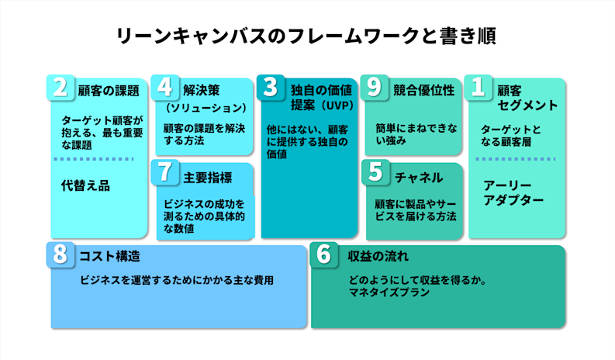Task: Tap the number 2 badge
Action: (x=60, y=88)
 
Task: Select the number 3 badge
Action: (x=269, y=88)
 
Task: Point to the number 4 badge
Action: (x=164, y=88)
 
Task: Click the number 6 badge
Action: (x=324, y=254)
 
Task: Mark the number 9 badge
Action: (x=375, y=88)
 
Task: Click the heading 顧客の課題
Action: (x=109, y=89)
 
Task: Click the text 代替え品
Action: (x=85, y=185)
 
